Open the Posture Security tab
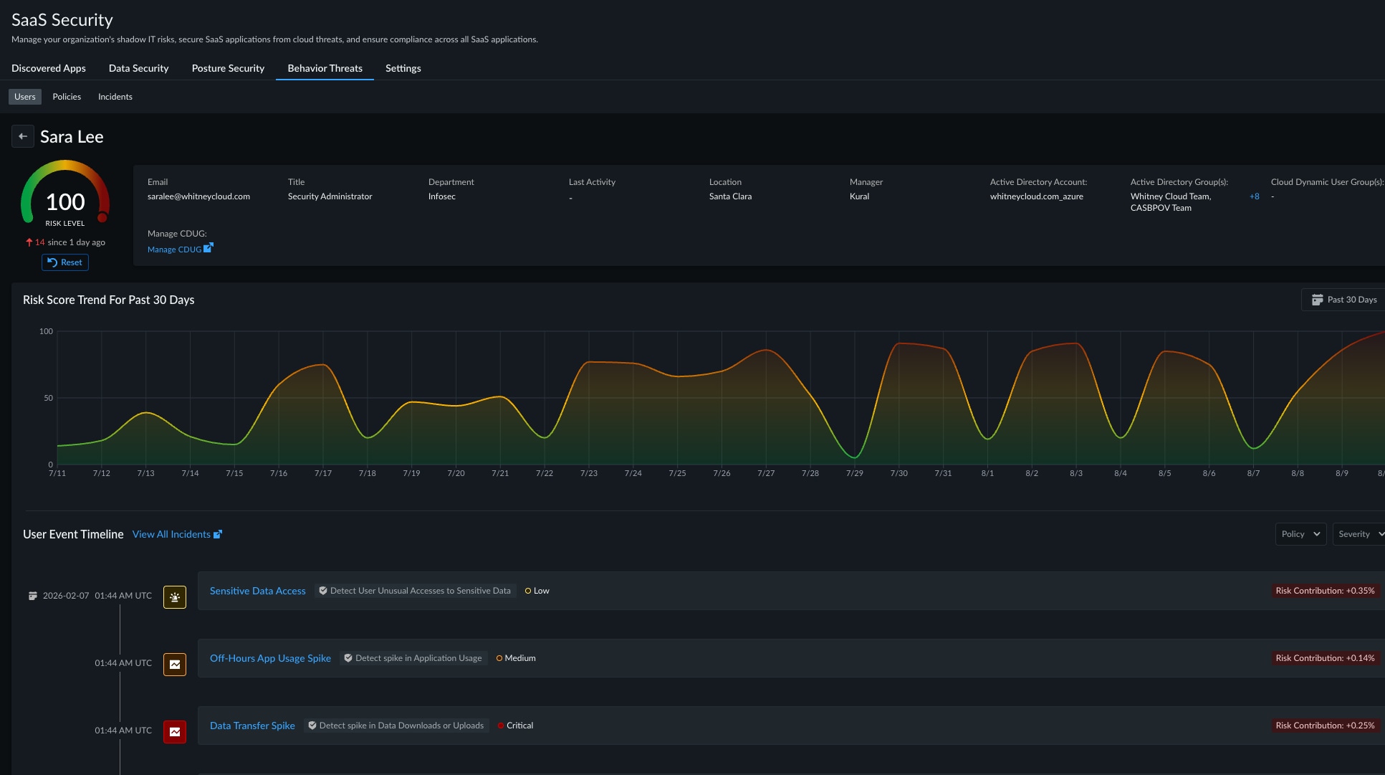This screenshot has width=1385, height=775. pos(228,68)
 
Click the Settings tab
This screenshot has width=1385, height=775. pos(403,68)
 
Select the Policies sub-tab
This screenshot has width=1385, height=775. pos(67,97)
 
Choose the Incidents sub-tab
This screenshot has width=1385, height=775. pos(115,97)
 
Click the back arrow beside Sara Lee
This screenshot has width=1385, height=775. pos(23,136)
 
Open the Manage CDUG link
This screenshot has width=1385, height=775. pos(180,249)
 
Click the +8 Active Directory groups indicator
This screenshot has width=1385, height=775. pos(1254,196)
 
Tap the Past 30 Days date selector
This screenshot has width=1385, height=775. pos(1343,300)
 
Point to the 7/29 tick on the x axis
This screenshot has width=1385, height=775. pos(855,473)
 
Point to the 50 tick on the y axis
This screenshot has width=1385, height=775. pos(48,398)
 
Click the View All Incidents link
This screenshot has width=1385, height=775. pos(177,534)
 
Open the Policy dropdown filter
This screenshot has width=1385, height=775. pos(1300,534)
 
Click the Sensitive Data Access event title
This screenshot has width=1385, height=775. pos(258,591)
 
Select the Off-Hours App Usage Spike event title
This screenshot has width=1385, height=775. pos(270,658)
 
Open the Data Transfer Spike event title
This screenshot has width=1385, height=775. pos(252,726)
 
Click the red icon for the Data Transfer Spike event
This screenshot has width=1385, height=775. pos(175,732)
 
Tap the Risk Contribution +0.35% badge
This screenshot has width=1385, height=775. pos(1325,591)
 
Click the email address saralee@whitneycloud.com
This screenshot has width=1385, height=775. pos(198,196)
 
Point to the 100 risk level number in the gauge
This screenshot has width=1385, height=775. pos(65,202)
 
